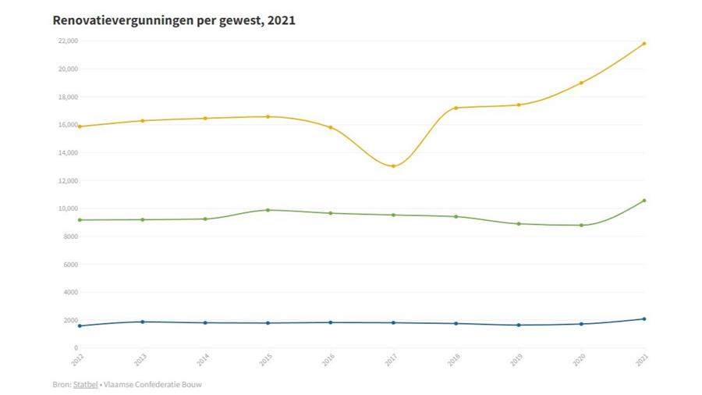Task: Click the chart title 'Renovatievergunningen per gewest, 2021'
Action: [x=174, y=20]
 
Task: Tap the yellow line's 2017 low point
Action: [x=393, y=166]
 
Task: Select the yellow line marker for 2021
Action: [x=643, y=44]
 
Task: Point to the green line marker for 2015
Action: [x=268, y=210]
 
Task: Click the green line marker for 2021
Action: [x=643, y=201]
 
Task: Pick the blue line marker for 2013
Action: [x=143, y=322]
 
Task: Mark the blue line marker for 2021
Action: [x=643, y=318]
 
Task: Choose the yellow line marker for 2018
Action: [x=456, y=108]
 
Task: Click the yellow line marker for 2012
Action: [x=80, y=126]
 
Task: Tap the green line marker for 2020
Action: [x=581, y=225]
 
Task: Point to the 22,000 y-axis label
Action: [x=67, y=41]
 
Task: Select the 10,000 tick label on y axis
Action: [x=67, y=208]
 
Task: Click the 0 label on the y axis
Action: [x=75, y=348]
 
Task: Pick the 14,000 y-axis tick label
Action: [x=67, y=153]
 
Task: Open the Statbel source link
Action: [x=85, y=384]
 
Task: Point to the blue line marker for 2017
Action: [x=393, y=322]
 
